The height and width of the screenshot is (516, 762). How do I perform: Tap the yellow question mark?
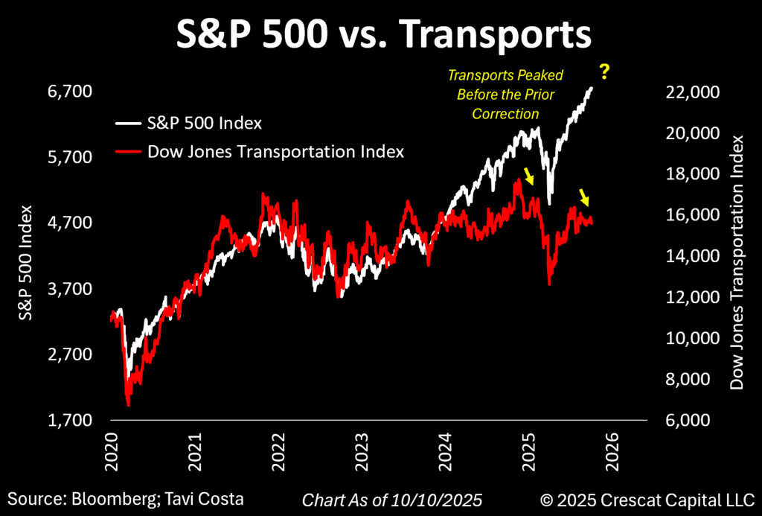(x=605, y=73)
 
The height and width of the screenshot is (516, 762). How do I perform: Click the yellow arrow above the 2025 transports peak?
(x=529, y=176)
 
